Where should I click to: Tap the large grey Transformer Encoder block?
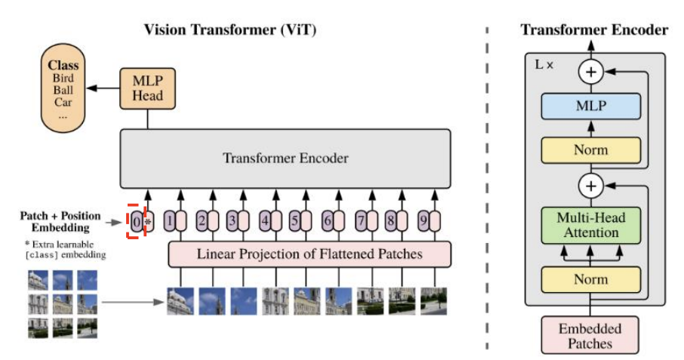(x=285, y=158)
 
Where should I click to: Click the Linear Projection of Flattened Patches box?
(x=310, y=254)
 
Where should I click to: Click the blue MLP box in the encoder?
(x=591, y=106)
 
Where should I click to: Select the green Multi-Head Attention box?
(x=591, y=225)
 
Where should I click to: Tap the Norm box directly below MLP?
(x=591, y=149)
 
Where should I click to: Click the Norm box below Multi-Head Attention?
(x=591, y=279)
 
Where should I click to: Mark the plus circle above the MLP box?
(x=591, y=73)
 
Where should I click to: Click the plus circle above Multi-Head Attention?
(x=591, y=185)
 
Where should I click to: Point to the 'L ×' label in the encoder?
(x=544, y=65)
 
